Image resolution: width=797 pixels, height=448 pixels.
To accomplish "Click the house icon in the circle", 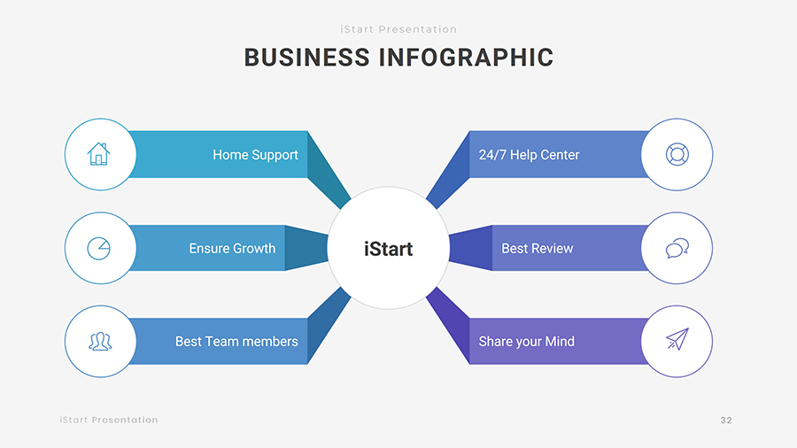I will pos(99,154).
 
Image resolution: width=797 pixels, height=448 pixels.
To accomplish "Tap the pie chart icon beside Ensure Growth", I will pos(99,248).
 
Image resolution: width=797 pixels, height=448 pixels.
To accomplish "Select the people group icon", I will pos(99,341).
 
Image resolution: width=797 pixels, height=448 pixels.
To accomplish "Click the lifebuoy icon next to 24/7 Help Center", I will pos(677,154).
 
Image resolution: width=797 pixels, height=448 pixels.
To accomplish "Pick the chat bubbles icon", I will pos(677,248).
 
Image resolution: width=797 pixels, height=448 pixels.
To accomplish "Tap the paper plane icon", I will pos(677,340).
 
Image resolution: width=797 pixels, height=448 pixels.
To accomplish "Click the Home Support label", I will pos(255,155).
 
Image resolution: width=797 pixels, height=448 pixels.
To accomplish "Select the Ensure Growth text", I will pos(232,249).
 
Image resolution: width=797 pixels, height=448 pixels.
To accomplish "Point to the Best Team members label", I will pos(236,342).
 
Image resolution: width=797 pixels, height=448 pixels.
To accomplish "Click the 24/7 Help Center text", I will pos(529,155).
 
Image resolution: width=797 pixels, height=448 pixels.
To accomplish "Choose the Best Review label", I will pos(537,249).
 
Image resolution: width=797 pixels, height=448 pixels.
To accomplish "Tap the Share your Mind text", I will pos(526,342).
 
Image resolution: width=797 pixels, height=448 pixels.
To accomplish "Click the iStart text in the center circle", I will pos(388,249).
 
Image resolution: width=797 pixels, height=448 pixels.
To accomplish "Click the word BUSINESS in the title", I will pos(306,58).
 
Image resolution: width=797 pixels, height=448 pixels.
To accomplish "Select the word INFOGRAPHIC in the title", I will pos(466,58).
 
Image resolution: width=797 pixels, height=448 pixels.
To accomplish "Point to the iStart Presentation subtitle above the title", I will pos(398,29).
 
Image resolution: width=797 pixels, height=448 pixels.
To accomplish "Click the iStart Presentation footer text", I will pos(109,420).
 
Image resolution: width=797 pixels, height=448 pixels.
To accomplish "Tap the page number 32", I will pos(726,420).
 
